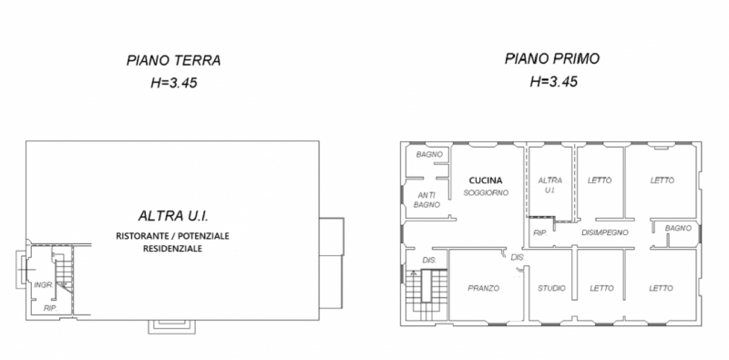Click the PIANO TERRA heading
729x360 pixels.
(173, 60)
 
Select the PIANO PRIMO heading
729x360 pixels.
(552, 58)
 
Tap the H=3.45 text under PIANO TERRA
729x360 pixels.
(174, 83)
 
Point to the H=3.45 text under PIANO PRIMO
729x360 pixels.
(554, 81)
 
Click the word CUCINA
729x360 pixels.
(486, 180)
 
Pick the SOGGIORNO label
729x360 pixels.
(487, 192)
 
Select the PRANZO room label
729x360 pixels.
(484, 288)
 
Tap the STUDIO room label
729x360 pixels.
(552, 288)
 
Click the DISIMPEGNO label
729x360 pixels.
(605, 232)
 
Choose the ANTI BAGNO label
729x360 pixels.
(426, 200)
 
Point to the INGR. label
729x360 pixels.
(43, 285)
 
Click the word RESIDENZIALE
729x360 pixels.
(172, 249)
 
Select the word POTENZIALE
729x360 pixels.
(201, 236)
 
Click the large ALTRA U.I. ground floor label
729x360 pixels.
(173, 216)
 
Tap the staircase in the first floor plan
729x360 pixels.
(426, 294)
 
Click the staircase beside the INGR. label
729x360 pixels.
(64, 273)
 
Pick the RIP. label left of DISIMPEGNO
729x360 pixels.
(539, 232)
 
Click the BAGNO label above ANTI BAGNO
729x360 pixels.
(429, 154)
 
